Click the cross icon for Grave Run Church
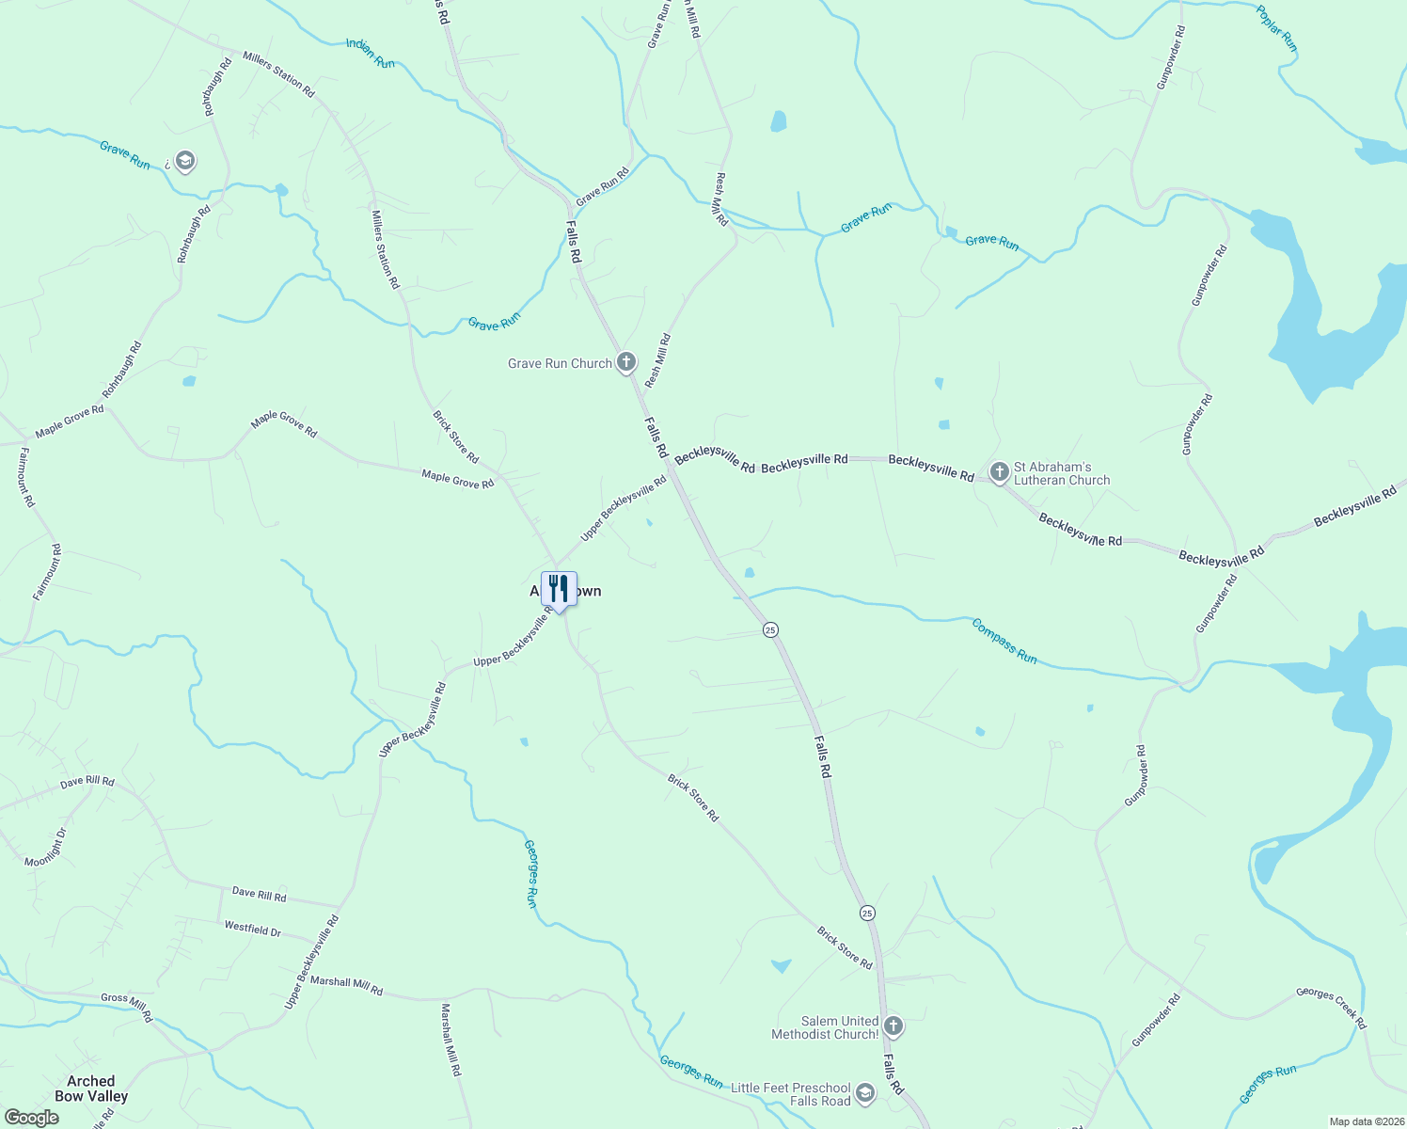coord(626,362)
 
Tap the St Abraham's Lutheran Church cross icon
coord(999,472)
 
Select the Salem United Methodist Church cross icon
coord(893,1026)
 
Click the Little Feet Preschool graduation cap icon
coord(865,1093)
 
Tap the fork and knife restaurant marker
coord(560,590)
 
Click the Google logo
coord(31,1118)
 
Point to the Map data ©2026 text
coord(1365,1121)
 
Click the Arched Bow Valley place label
coord(91,1089)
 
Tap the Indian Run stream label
coord(371,54)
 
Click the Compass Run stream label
coord(1004,641)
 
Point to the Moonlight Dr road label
coord(46,848)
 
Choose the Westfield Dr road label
coord(252,929)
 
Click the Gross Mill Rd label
coord(126,1005)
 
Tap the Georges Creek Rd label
coord(1331,1007)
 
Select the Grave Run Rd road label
coord(602,187)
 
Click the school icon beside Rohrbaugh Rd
coord(185,161)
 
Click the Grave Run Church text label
coord(560,363)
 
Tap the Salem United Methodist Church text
coord(825,1027)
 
